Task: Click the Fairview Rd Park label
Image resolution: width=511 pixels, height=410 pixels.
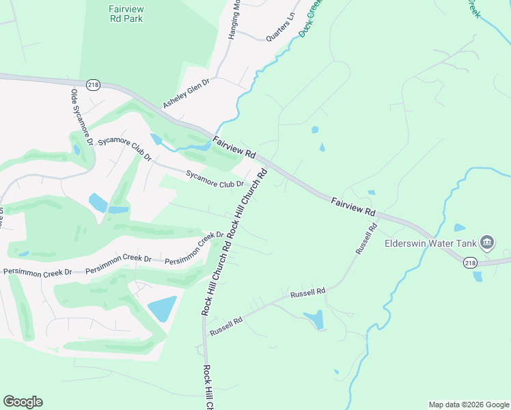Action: tap(125, 14)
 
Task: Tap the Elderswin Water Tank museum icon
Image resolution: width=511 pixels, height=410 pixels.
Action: tap(487, 242)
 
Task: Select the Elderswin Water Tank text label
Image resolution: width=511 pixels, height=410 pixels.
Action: tap(431, 243)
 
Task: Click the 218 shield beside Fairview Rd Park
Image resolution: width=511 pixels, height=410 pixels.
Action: tap(94, 84)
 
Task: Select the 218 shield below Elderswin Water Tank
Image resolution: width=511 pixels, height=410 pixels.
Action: tap(470, 263)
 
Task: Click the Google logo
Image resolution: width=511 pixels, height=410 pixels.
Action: tap(23, 402)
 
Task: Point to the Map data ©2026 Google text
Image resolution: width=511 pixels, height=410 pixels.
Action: tap(469, 405)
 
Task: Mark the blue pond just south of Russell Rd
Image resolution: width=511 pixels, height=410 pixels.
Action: tap(314, 318)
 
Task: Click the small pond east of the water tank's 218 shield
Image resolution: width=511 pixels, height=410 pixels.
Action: tap(478, 276)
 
